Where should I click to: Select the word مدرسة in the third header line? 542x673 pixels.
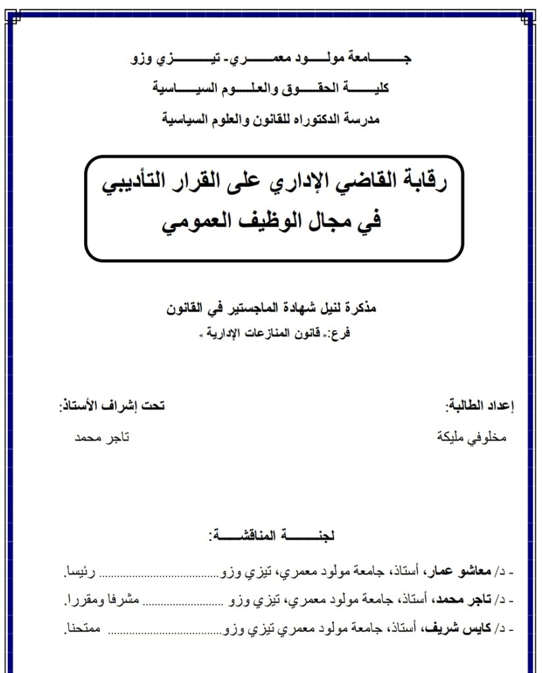[361, 120]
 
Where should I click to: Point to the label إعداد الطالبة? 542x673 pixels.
[483, 406]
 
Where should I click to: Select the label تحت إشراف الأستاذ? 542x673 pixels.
[112, 406]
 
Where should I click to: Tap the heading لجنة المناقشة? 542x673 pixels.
[272, 536]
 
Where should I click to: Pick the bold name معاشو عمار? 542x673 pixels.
[461, 573]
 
